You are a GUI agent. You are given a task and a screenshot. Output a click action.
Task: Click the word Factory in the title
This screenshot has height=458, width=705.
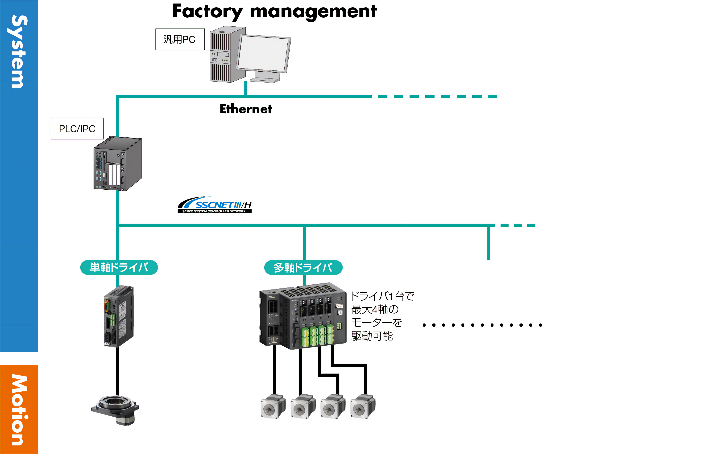207,12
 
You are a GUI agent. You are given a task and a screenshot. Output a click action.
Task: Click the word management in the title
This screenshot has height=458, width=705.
313,12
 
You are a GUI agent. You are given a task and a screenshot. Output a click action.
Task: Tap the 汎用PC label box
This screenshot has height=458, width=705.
180,39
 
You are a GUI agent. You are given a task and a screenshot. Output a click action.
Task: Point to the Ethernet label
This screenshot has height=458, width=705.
246,109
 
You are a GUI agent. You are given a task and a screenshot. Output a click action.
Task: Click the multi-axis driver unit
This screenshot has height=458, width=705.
303,316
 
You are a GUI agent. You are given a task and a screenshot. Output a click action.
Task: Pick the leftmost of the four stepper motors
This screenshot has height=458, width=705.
273,406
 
